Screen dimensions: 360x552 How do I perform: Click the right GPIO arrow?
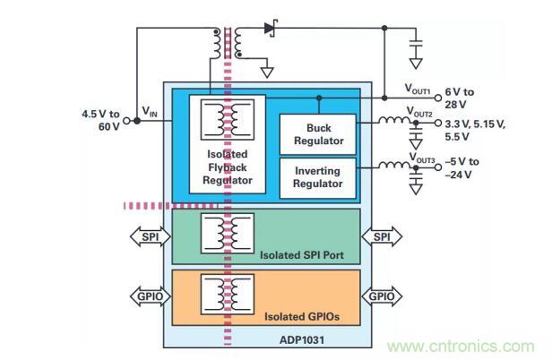[x=378, y=295]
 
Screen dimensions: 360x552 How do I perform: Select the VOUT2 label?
[x=418, y=113]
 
